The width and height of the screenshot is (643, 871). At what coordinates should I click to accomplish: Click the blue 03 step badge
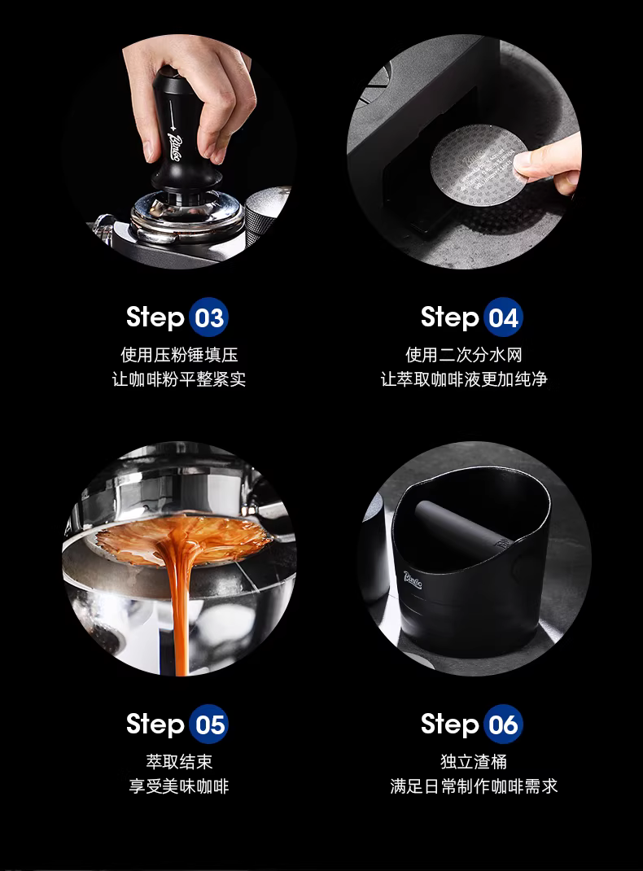pos(209,317)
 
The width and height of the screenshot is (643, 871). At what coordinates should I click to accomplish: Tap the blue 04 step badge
pos(503,317)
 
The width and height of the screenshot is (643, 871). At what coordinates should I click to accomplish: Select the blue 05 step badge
pos(209,724)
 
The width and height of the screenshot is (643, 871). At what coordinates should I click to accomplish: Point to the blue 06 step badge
pos(503,724)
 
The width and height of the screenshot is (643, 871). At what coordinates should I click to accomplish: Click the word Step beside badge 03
pos(155,317)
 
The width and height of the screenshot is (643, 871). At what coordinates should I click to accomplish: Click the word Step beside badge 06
pos(450,724)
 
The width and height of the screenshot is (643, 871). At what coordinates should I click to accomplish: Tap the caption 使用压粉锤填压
pos(179,354)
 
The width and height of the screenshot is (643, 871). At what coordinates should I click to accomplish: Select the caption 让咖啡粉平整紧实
pos(179,379)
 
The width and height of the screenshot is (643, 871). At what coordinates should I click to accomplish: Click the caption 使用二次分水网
pos(464,354)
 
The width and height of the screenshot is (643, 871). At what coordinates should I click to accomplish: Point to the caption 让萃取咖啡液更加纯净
pos(464,379)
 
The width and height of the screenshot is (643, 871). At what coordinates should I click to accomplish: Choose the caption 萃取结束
pos(179,762)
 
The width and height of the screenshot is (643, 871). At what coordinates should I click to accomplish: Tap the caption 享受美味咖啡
pos(179,786)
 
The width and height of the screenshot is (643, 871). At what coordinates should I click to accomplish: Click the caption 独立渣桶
pos(474,762)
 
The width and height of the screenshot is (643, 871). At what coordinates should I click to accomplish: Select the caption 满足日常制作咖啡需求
pos(474,786)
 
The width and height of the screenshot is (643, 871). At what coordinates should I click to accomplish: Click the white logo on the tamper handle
pos(174,146)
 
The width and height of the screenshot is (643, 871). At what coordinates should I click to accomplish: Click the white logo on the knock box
pos(413,580)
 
